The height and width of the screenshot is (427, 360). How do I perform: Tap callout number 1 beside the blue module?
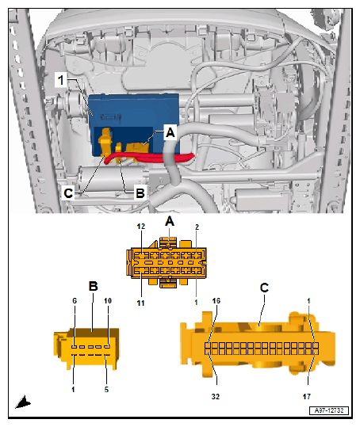point(60,80)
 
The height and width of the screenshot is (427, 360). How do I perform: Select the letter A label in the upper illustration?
point(170,132)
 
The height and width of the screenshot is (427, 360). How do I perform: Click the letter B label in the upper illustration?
point(140,193)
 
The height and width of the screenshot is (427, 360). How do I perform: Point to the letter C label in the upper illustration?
point(68,193)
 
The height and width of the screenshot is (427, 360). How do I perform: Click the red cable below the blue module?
point(150,158)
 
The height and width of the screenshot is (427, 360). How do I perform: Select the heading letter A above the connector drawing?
point(170,221)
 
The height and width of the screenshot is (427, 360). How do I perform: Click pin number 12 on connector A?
point(141,227)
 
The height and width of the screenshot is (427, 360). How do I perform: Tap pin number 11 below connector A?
point(140,303)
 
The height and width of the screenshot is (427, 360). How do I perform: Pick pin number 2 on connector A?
point(197,227)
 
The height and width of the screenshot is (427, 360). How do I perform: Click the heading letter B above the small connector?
point(94,286)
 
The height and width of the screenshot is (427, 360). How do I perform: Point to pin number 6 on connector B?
point(75,301)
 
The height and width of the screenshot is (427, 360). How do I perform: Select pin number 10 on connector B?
point(108,301)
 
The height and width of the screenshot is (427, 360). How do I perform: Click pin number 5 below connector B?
point(106,390)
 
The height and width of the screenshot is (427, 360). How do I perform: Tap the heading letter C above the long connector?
point(264,288)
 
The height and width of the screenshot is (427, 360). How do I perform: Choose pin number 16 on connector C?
point(216,301)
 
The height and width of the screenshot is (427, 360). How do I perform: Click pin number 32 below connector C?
point(216,396)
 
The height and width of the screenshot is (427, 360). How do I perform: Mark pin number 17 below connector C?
point(307,396)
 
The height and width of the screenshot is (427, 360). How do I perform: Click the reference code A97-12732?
point(329,410)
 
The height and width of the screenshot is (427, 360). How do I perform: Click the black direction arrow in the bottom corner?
point(23,402)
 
